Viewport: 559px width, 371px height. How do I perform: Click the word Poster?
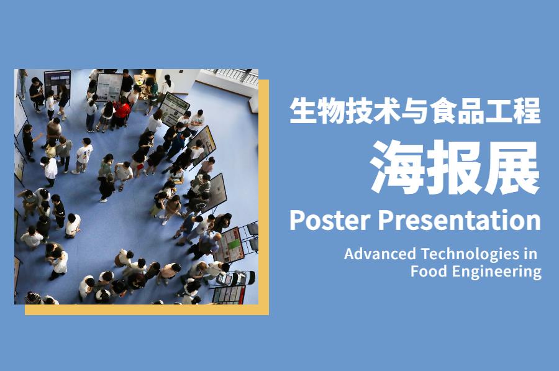(330, 220)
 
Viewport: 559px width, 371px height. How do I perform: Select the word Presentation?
(459, 220)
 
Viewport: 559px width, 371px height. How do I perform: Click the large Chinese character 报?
(455, 167)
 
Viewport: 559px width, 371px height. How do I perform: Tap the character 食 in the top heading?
(443, 111)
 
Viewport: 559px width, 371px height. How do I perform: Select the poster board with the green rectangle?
(230, 245)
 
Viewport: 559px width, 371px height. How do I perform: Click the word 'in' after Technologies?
(530, 254)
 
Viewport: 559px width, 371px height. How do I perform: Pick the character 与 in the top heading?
(416, 111)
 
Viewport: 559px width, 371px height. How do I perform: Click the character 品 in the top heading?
(471, 111)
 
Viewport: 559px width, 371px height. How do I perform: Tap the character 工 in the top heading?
(500, 111)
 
